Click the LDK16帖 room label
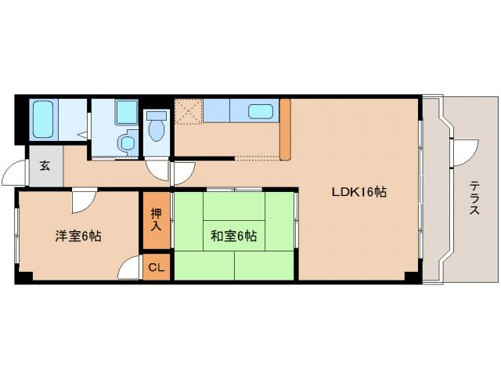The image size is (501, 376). pos(359,191)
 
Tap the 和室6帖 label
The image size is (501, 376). pos(234,236)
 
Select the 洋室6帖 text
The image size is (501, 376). pos(77,236)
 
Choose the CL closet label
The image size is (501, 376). pos(157,268)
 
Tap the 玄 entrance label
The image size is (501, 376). pos(45,166)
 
